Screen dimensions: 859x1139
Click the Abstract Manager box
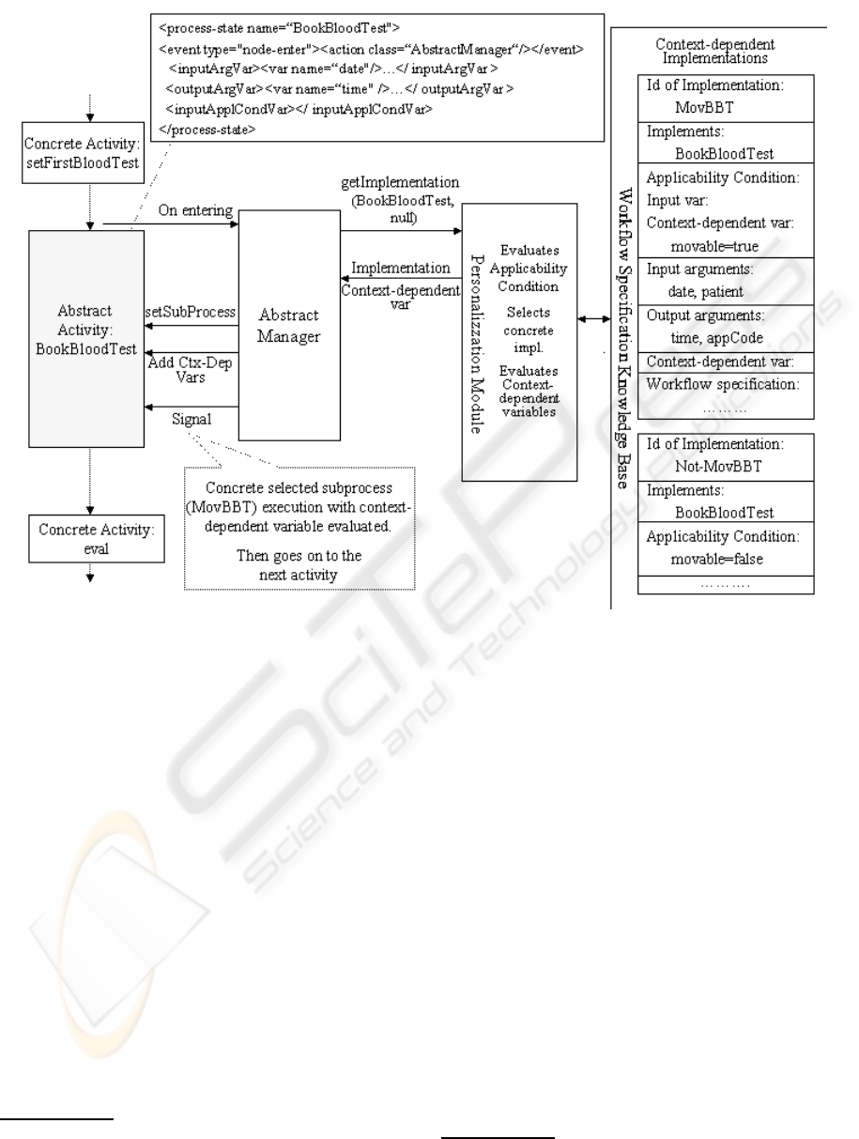tap(289, 325)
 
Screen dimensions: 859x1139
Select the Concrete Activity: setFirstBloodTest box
tap(83, 152)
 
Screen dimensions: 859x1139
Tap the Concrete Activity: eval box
tap(97, 539)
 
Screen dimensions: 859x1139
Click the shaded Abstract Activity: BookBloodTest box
tap(86, 339)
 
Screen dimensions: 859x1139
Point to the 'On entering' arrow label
tap(195, 210)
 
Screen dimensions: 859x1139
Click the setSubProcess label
tap(190, 312)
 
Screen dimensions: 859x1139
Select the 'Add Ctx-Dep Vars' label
tap(190, 369)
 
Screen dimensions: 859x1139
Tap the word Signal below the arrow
tap(192, 419)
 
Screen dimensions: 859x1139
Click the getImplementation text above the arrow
tap(400, 183)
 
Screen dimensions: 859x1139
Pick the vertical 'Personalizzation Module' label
tap(477, 344)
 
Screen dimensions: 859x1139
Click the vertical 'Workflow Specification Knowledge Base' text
tap(624, 338)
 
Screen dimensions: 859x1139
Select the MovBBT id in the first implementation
tap(704, 107)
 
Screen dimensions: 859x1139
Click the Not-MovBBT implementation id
tap(718, 467)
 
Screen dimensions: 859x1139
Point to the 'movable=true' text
tap(714, 246)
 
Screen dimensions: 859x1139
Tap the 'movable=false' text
tap(716, 559)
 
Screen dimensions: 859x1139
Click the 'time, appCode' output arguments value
tap(716, 338)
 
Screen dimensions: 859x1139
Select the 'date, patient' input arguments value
tap(705, 292)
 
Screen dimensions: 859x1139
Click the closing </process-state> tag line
tap(207, 130)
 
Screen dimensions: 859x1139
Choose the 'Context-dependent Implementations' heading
tap(714, 51)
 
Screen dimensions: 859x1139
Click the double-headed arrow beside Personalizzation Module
tap(594, 319)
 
